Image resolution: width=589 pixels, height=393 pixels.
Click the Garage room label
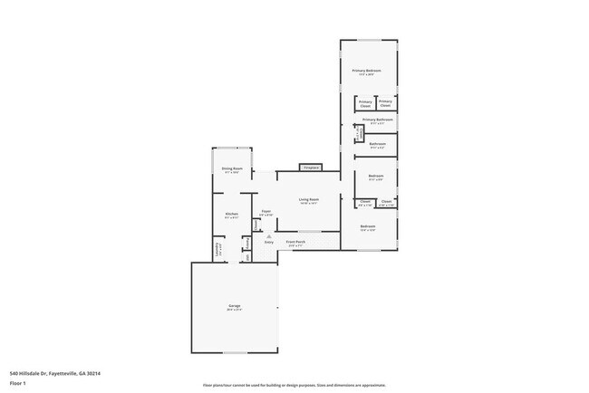pos(235,307)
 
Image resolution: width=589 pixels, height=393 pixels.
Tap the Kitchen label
pos(232,214)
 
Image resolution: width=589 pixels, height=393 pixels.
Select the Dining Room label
pos(232,168)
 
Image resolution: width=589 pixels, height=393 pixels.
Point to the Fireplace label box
pos(312,168)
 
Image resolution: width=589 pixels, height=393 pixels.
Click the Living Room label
pos(310,199)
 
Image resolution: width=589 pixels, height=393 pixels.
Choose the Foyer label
pos(266,211)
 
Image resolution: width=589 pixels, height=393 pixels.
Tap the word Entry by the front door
pos(269,242)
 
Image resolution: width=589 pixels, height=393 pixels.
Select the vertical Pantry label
pos(246,242)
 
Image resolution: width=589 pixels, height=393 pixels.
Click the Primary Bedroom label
pos(367,71)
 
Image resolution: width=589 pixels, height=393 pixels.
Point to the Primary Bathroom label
pos(377,120)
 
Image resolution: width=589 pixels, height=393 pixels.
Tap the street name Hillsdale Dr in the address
pos(35,373)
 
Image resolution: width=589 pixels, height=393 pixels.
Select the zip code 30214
pos(94,373)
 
